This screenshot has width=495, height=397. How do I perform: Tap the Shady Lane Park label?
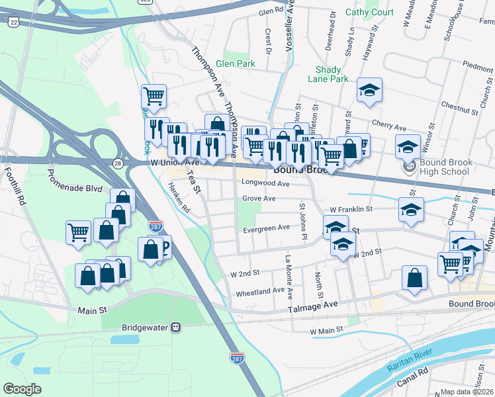coord(328,74)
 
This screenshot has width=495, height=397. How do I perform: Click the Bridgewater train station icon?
coord(175,327)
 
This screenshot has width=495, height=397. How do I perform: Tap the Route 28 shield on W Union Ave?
coord(117,163)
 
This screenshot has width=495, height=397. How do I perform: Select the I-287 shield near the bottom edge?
coord(236,358)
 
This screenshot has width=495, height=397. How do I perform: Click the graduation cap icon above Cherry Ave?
coord(370,92)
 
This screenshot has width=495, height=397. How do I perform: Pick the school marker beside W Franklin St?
coord(411,210)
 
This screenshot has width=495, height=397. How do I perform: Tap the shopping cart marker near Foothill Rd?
coord(78,233)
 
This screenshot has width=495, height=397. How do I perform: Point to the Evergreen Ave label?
coord(266,227)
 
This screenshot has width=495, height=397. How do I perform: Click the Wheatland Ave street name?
coord(260,291)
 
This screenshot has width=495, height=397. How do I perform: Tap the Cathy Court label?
coord(369,13)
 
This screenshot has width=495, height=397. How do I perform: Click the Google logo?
coord(22,389)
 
